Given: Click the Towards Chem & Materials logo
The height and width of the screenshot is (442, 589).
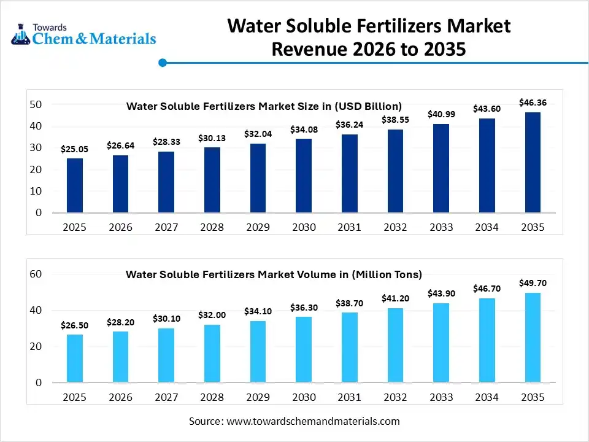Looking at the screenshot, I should (83, 34).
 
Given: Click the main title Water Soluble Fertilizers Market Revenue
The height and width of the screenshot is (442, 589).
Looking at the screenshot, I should (369, 37).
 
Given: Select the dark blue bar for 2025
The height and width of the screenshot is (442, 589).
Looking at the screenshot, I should (75, 185).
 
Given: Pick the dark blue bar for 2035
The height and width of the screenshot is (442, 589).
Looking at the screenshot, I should (533, 163).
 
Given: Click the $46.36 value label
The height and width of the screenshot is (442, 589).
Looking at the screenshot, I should (533, 103).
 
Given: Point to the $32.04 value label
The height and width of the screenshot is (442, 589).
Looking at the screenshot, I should (258, 133).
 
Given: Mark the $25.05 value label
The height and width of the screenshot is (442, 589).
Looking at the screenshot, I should (75, 149).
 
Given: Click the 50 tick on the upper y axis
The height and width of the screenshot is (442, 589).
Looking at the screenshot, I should (36, 104).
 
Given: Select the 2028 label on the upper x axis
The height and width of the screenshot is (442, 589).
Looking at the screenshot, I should (212, 227).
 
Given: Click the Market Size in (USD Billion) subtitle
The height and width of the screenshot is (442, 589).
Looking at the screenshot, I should (264, 106).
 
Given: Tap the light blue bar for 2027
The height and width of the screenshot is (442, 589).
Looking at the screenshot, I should (166, 355).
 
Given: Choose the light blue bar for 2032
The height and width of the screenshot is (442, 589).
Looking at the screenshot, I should (395, 345).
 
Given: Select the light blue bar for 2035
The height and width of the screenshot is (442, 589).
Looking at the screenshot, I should (533, 338).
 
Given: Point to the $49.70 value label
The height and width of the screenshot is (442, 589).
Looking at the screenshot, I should (533, 283).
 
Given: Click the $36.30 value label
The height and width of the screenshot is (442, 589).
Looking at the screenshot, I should (304, 307).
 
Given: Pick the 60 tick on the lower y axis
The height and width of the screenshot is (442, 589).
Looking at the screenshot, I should (36, 274).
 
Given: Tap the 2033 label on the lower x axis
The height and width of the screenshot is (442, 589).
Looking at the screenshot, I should (441, 397).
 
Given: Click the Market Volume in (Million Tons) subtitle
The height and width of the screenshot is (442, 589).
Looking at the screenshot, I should (274, 274).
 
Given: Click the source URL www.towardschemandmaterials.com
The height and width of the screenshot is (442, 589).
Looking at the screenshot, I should (313, 421).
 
